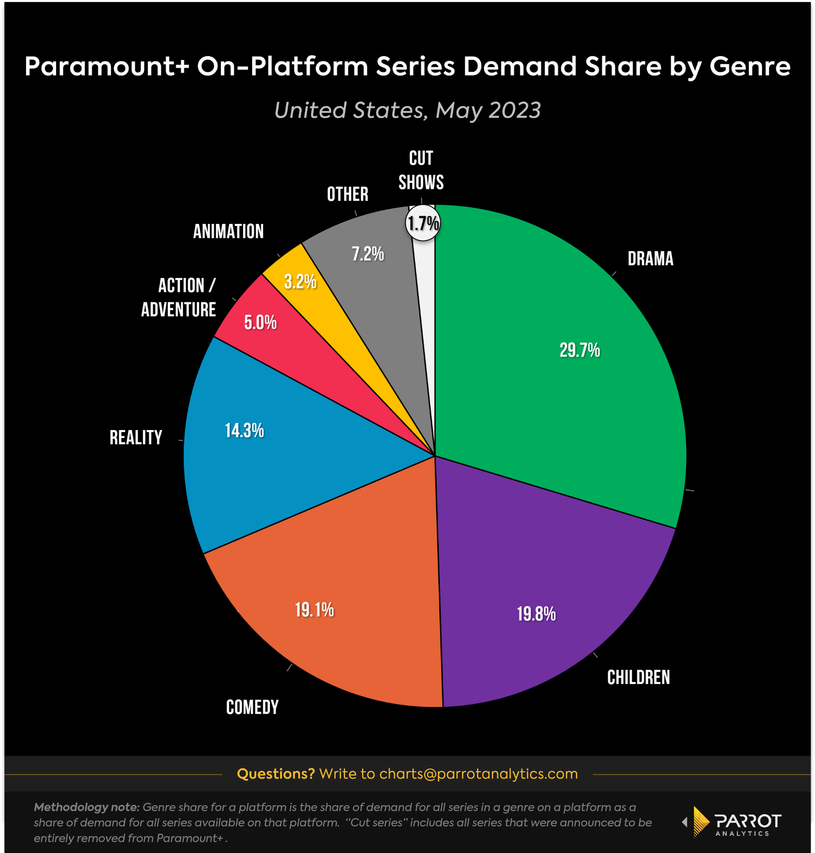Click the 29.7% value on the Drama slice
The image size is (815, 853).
580,350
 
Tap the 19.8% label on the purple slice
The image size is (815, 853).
536,614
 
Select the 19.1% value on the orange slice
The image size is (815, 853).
314,610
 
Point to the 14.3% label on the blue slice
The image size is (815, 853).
244,431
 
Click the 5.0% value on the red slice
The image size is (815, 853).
260,323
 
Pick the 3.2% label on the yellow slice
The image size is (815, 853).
300,281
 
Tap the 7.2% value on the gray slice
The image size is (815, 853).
368,254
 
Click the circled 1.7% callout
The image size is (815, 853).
423,223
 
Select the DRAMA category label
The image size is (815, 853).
650,259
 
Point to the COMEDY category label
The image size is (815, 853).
252,707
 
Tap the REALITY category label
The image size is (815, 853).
136,438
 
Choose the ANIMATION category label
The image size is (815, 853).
228,232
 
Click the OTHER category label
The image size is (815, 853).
347,194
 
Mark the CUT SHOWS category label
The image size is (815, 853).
421,170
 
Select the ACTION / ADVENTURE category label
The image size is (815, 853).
179,298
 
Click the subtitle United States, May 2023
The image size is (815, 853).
407,110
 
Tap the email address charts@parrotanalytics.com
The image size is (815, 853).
478,774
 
